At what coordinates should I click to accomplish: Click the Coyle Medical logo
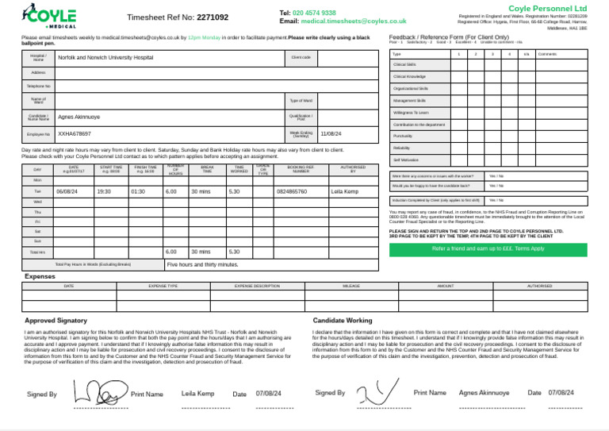click(x=51, y=17)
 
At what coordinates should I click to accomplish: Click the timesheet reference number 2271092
click(x=212, y=17)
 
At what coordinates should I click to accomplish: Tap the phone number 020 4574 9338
click(x=314, y=13)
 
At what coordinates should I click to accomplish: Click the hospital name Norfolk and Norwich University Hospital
click(x=105, y=58)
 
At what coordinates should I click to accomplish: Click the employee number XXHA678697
click(x=75, y=134)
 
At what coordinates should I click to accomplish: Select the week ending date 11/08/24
click(x=331, y=134)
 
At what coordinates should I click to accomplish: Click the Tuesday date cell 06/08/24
click(x=67, y=192)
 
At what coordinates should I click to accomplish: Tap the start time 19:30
click(x=103, y=192)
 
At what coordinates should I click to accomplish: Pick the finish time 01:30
click(x=137, y=192)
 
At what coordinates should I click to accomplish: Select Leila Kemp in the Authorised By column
click(x=344, y=192)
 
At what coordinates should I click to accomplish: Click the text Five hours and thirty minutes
click(x=202, y=264)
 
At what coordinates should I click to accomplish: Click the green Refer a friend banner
click(x=488, y=248)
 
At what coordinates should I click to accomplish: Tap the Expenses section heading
click(x=40, y=276)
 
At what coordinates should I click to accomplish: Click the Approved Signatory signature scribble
click(x=98, y=391)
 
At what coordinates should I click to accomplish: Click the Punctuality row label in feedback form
click(x=403, y=136)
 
